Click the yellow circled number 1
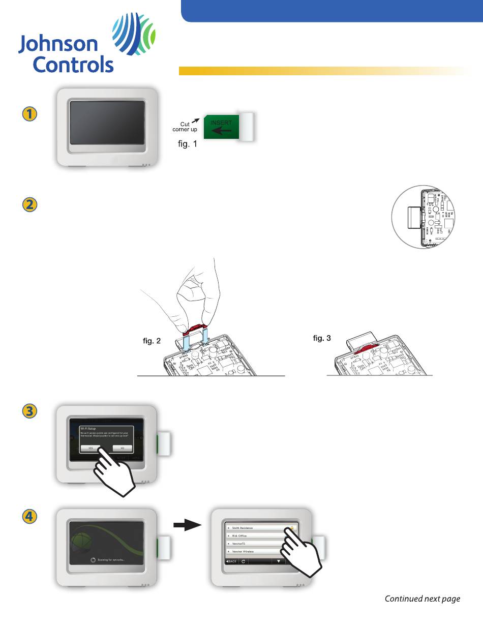tap(29, 115)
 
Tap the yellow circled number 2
tap(29, 205)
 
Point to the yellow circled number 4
tap(29, 517)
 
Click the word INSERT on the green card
tap(221, 123)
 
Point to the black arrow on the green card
tap(221, 130)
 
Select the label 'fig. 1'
tap(187, 144)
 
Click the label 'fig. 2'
tap(152, 341)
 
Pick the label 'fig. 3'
tap(321, 338)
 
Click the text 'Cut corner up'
tap(186, 126)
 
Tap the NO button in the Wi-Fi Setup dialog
tap(122, 448)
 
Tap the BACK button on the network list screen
tap(231, 561)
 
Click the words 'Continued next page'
tap(422, 599)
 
